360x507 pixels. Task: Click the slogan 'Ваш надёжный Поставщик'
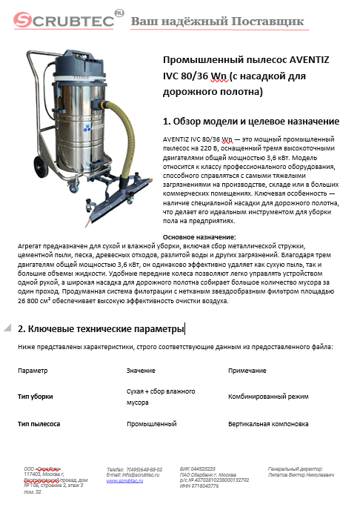click(217, 21)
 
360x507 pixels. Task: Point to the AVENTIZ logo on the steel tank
click(90, 127)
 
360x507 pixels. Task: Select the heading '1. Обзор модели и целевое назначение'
click(250, 121)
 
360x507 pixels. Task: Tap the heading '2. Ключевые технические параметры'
click(101, 328)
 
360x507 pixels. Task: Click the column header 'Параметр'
click(33, 370)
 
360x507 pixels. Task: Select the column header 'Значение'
click(141, 370)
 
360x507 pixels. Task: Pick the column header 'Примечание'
click(247, 370)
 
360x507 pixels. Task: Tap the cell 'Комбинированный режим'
click(268, 397)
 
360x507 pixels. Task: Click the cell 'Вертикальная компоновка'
click(268, 425)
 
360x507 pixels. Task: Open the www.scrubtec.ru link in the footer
click(125, 480)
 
